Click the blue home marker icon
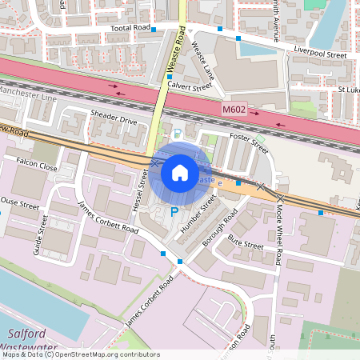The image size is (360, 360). [x=180, y=172]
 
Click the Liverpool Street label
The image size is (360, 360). [x=320, y=55]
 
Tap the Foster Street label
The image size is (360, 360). [x=248, y=142]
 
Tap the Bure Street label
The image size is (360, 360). [x=245, y=242]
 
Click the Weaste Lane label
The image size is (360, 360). [x=203, y=64]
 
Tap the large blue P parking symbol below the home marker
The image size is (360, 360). [x=174, y=212]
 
